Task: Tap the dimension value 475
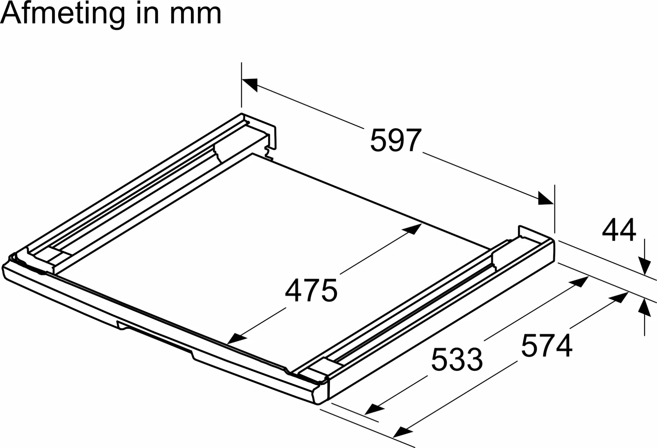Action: click(x=311, y=290)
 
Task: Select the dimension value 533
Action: click(x=457, y=359)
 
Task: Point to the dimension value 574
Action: click(x=546, y=345)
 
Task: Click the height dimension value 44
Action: click(x=619, y=230)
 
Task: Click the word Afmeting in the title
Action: click(x=63, y=14)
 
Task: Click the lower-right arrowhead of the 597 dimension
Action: click(x=546, y=198)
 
